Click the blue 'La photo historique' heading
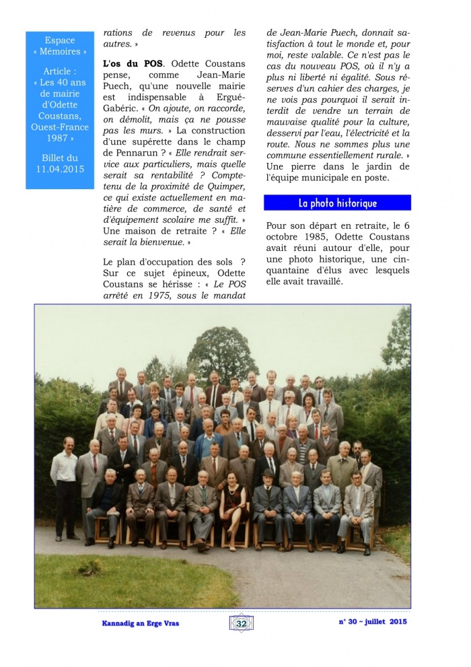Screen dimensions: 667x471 pyautogui.click(x=337, y=203)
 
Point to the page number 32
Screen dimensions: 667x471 pyautogui.click(x=240, y=624)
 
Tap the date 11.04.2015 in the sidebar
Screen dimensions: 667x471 pyautogui.click(x=59, y=169)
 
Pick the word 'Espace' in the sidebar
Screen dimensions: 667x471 pyautogui.click(x=59, y=40)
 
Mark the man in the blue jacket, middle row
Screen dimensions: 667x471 pyautogui.click(x=209, y=444)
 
